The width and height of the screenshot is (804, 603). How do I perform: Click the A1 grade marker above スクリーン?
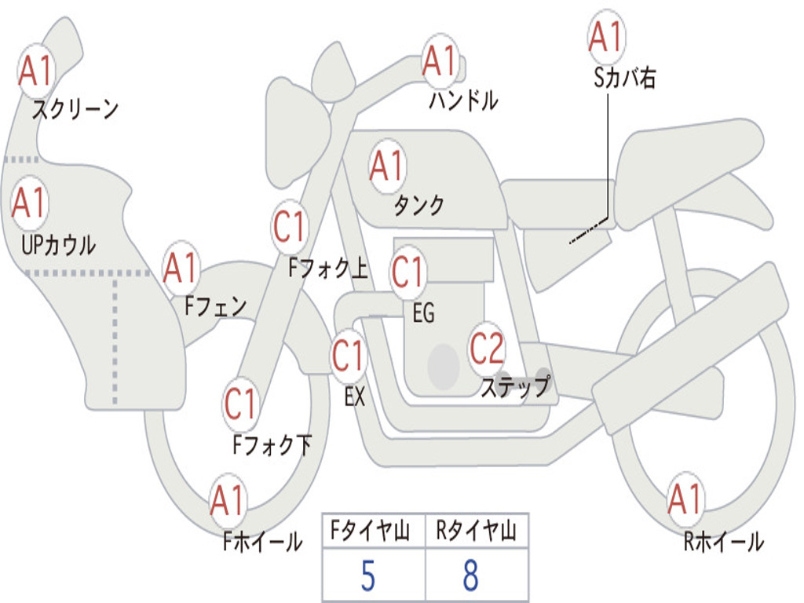[36, 70]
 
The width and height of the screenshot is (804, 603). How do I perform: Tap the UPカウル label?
[59, 245]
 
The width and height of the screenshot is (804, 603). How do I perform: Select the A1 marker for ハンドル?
[440, 60]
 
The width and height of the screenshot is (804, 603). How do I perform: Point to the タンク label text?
[418, 206]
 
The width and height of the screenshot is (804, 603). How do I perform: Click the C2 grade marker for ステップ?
[487, 348]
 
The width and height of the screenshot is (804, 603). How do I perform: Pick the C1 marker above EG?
[407, 272]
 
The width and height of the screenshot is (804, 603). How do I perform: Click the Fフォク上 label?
[328, 269]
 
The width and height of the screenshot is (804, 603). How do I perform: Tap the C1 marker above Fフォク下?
[241, 404]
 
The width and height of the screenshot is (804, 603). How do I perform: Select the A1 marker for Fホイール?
[228, 500]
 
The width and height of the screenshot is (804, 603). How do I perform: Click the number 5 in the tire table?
[367, 576]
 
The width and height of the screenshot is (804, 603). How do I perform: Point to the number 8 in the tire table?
[470, 576]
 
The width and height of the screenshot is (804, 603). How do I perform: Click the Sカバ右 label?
[625, 79]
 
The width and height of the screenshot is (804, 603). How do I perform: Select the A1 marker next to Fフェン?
[181, 268]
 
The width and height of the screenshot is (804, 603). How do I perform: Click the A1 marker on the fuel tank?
[386, 166]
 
